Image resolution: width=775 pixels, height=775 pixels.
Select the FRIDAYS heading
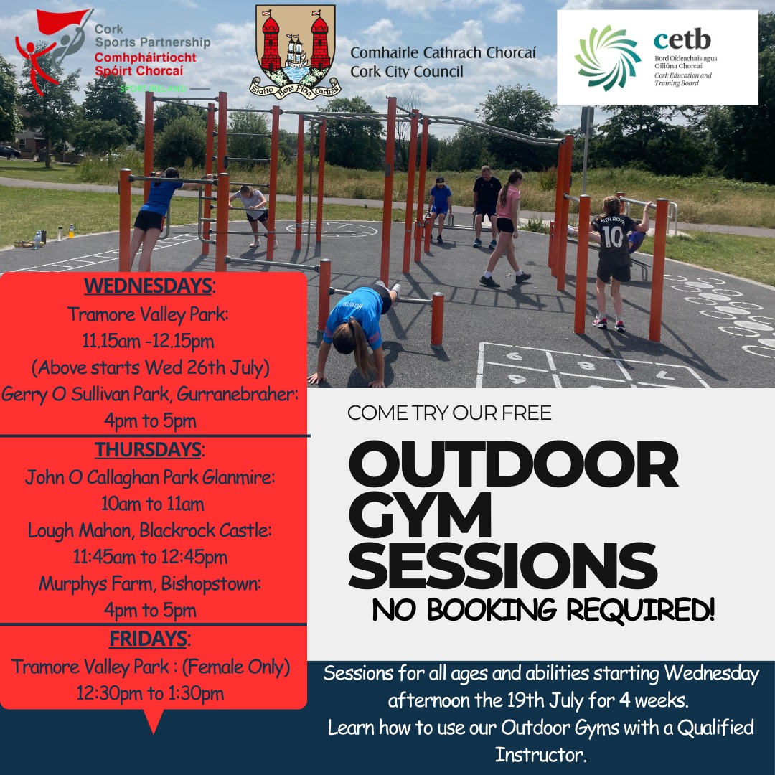click(147, 638)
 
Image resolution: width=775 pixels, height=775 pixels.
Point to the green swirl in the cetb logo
click(607, 57)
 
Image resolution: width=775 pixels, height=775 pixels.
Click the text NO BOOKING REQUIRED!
click(543, 610)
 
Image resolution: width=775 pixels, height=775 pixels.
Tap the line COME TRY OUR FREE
click(449, 413)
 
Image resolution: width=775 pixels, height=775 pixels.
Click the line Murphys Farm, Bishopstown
click(149, 584)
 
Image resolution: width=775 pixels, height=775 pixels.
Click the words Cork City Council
click(407, 71)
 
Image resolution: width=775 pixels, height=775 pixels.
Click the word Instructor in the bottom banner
click(541, 754)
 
